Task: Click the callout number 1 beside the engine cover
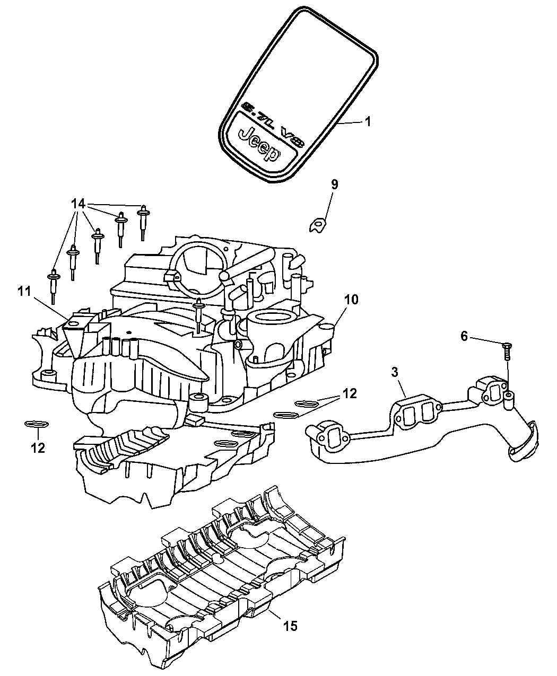(367, 121)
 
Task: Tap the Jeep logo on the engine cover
(260, 144)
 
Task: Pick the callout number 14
(78, 203)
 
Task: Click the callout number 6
(464, 336)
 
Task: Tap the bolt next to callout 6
(505, 352)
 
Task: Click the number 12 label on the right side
(349, 393)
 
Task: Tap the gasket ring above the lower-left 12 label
(37, 424)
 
